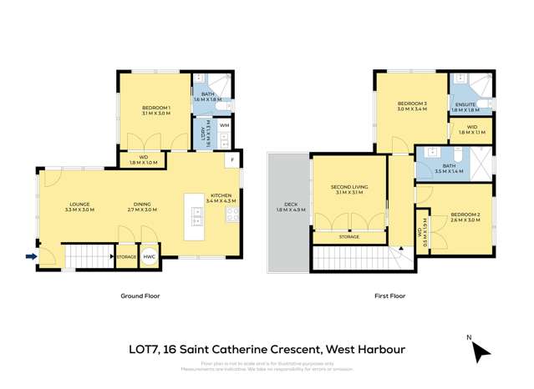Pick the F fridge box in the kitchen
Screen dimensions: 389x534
pos(232,159)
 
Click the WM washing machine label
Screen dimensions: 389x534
pos(224,125)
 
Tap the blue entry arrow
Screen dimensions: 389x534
pos(31,257)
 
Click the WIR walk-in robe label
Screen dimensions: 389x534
pos(471,129)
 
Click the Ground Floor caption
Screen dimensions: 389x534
pos(140,296)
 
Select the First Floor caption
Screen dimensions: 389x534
pos(389,296)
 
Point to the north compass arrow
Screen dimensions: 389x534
pos(480,352)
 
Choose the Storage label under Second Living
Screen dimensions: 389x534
pos(348,237)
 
